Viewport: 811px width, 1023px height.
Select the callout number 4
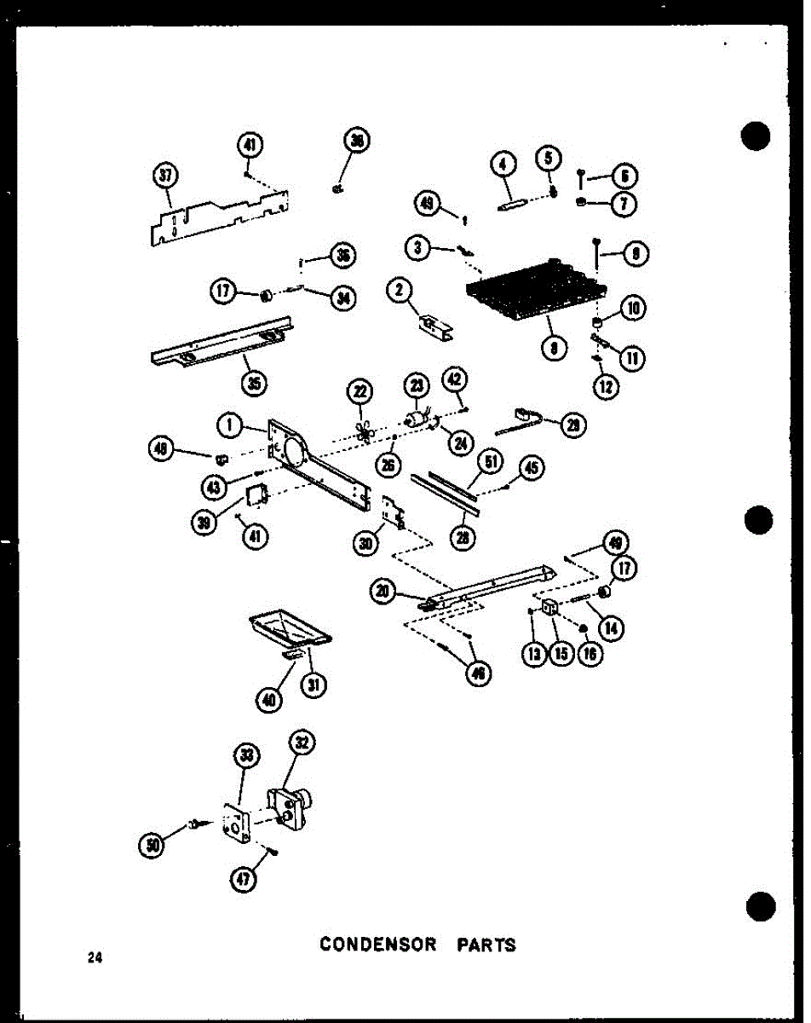point(503,162)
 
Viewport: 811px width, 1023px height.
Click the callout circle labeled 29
point(573,425)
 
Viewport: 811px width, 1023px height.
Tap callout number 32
point(301,743)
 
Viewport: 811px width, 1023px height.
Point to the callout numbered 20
point(385,590)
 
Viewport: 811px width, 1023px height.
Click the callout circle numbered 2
point(398,292)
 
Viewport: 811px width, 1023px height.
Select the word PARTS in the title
point(486,945)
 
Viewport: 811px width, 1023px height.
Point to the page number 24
point(94,958)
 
